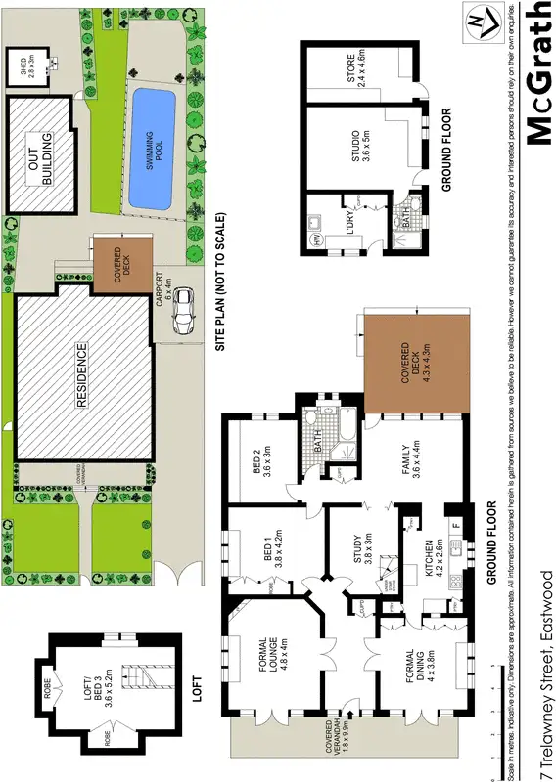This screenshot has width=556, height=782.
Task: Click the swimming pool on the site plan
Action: (152, 148)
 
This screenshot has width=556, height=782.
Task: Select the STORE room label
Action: (359, 75)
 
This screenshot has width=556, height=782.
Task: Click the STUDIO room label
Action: (359, 152)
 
